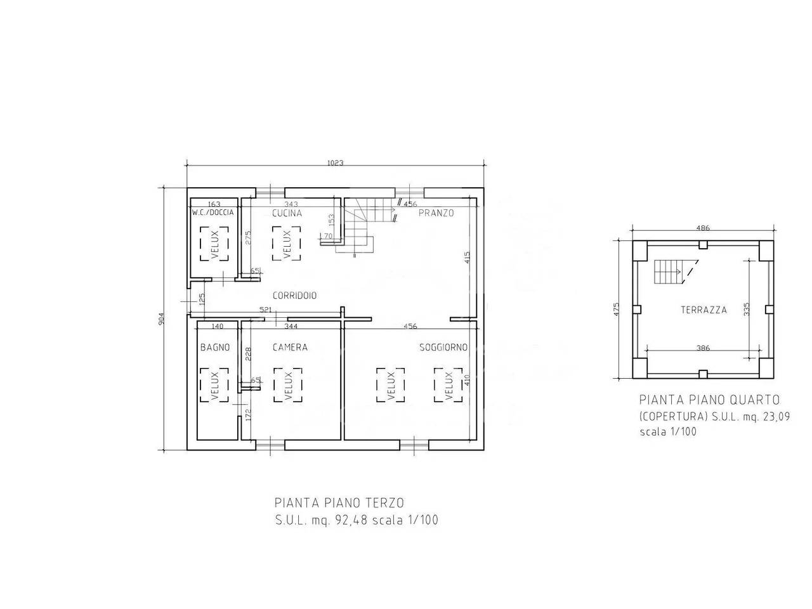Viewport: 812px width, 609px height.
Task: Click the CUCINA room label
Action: point(287,213)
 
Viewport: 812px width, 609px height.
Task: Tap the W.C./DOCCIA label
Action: point(213,213)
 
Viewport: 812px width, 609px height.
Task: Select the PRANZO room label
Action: point(436,213)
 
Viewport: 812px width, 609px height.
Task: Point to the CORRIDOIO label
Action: point(294,296)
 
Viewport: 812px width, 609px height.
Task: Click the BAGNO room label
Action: point(215,347)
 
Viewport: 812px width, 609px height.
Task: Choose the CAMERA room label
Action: point(290,347)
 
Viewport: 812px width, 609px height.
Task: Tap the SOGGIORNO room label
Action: point(443,347)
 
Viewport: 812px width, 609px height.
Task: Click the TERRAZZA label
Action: point(704,310)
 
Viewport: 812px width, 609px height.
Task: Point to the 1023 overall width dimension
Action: point(336,162)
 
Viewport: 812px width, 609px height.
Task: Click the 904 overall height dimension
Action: point(161,318)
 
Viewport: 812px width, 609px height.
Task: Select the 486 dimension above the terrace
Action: point(703,228)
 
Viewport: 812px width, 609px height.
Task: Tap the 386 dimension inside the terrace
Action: point(703,348)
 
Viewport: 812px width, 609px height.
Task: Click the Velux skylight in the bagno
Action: point(214,385)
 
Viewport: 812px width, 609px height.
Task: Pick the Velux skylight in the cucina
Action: point(287,244)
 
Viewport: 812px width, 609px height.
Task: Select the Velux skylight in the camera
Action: point(288,385)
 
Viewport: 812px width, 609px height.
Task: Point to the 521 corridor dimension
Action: point(266,310)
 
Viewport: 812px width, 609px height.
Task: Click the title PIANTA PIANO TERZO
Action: point(339,503)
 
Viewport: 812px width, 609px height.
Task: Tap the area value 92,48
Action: point(351,520)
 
